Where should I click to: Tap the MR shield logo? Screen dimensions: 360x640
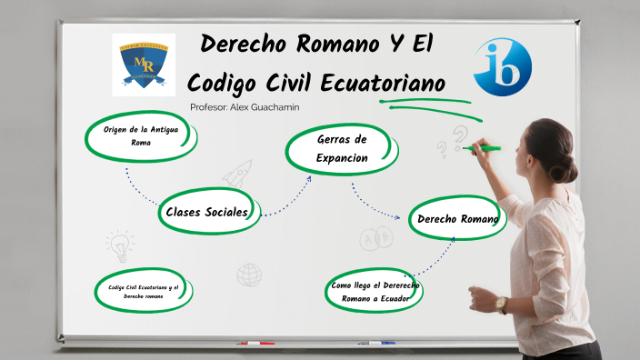(x=144, y=65)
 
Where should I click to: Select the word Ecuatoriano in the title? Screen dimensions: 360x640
(x=385, y=83)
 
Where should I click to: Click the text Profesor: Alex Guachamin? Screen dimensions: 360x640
(x=245, y=107)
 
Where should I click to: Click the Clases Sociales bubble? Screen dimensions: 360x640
(x=207, y=212)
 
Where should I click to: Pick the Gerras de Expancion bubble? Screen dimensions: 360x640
(x=341, y=148)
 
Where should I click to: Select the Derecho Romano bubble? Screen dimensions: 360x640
(x=456, y=218)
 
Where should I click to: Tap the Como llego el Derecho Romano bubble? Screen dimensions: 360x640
(x=375, y=292)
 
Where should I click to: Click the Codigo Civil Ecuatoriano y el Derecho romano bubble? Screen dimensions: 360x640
(x=142, y=292)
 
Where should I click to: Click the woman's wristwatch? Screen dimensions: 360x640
(x=501, y=304)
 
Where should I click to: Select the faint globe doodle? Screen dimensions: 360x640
(x=249, y=274)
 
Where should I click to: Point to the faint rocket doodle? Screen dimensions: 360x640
(x=239, y=174)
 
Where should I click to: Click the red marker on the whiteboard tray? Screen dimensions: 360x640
(x=256, y=343)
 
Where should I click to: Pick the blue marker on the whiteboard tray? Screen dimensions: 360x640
(x=382, y=343)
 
